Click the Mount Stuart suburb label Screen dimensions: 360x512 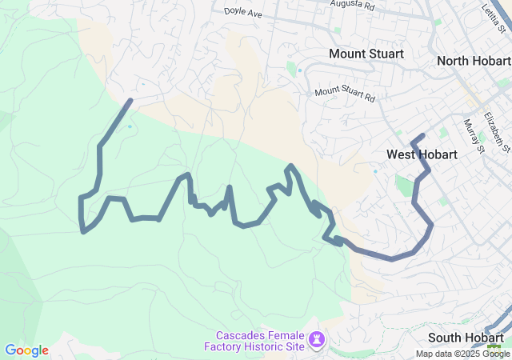click(x=366, y=54)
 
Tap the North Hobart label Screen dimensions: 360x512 click(x=474, y=61)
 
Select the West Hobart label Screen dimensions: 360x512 click(x=422, y=154)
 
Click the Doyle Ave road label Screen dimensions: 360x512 click(x=243, y=13)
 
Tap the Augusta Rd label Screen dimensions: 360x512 click(x=353, y=5)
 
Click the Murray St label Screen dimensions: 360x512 click(x=474, y=135)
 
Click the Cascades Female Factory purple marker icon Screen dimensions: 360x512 click(x=317, y=342)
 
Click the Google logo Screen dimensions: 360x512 click(x=26, y=350)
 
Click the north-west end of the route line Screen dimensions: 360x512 click(x=130, y=101)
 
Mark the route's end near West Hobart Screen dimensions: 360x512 click(x=423, y=134)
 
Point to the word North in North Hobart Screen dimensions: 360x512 click(x=454, y=61)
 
